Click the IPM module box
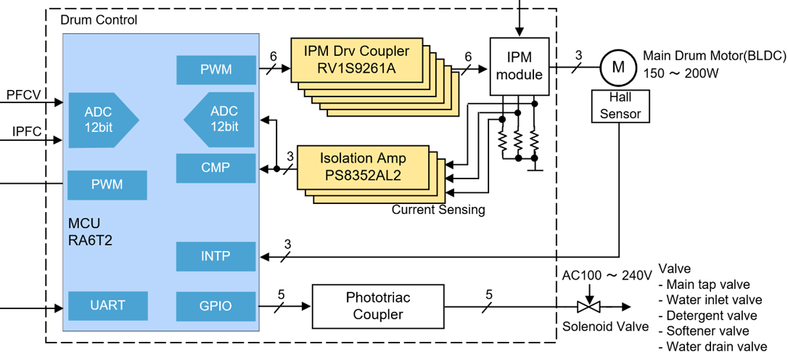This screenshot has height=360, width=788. click(x=519, y=66)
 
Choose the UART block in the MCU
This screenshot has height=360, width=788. click(x=107, y=306)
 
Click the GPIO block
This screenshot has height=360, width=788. click(x=216, y=306)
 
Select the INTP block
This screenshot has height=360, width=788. click(x=216, y=257)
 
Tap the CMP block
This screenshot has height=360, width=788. click(x=216, y=168)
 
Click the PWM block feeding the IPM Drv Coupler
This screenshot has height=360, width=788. click(x=216, y=70)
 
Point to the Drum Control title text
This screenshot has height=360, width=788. click(x=98, y=20)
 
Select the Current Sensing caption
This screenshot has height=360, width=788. click(x=438, y=210)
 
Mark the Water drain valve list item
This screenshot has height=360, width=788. click(x=716, y=347)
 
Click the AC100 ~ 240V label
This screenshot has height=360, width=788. click(x=607, y=276)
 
